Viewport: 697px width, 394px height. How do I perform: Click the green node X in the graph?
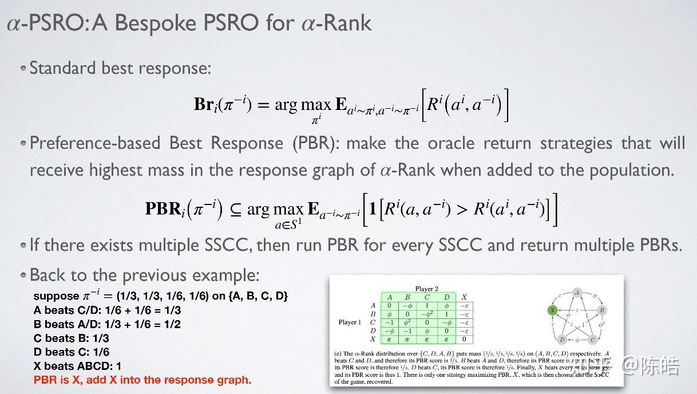(552, 310)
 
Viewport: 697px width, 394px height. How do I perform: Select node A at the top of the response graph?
(577, 292)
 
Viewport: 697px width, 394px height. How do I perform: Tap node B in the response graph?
(602, 310)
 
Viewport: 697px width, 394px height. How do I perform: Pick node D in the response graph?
(562, 339)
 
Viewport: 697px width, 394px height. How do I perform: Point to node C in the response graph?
(592, 339)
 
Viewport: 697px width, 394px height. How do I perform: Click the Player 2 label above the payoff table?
(427, 289)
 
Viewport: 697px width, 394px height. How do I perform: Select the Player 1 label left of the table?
(350, 322)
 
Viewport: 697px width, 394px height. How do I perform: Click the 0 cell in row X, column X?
(464, 339)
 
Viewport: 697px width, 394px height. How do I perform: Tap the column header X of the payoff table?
(464, 297)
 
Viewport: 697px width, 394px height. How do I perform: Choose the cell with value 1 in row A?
(427, 305)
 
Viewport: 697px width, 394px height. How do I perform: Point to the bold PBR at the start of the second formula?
(163, 208)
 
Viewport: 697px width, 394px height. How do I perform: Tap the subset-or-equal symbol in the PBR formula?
(235, 209)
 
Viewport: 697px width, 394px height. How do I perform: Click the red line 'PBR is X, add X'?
(142, 380)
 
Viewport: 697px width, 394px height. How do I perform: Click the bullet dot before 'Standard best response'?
(23, 68)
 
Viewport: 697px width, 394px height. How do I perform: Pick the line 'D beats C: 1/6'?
(71, 352)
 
